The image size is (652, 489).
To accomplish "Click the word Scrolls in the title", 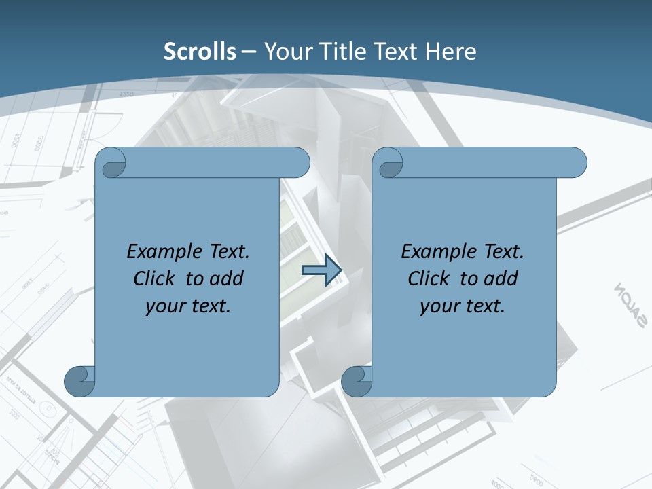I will pos(200,52).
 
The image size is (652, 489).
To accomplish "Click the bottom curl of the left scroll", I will pos(80,380).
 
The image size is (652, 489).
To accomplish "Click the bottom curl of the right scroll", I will pos(357,380).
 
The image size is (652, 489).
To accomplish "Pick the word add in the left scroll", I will pos(226,279).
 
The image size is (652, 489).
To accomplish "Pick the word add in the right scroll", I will pos(501,279).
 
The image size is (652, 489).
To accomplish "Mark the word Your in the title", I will pos(286,52).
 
